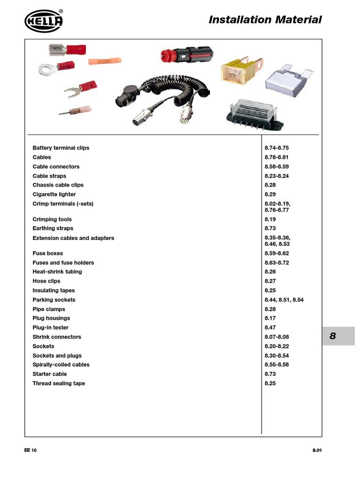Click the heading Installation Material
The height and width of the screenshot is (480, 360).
click(x=265, y=20)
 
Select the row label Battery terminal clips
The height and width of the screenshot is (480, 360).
click(x=61, y=148)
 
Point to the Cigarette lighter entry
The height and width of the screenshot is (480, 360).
click(x=54, y=195)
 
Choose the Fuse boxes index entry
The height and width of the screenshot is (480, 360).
click(x=47, y=254)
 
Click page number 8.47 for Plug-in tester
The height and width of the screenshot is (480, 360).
click(x=271, y=328)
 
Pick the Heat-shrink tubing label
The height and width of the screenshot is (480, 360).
click(x=57, y=272)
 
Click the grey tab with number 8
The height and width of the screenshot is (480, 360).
click(x=338, y=336)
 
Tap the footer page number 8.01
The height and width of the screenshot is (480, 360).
click(x=317, y=450)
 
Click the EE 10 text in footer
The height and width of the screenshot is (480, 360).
click(x=30, y=450)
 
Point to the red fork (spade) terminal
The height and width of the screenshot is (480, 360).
click(x=80, y=89)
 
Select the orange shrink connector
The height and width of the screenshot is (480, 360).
click(x=105, y=61)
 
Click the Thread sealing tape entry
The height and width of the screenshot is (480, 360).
click(x=59, y=383)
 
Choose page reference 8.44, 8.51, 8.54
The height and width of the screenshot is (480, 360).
click(x=284, y=300)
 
